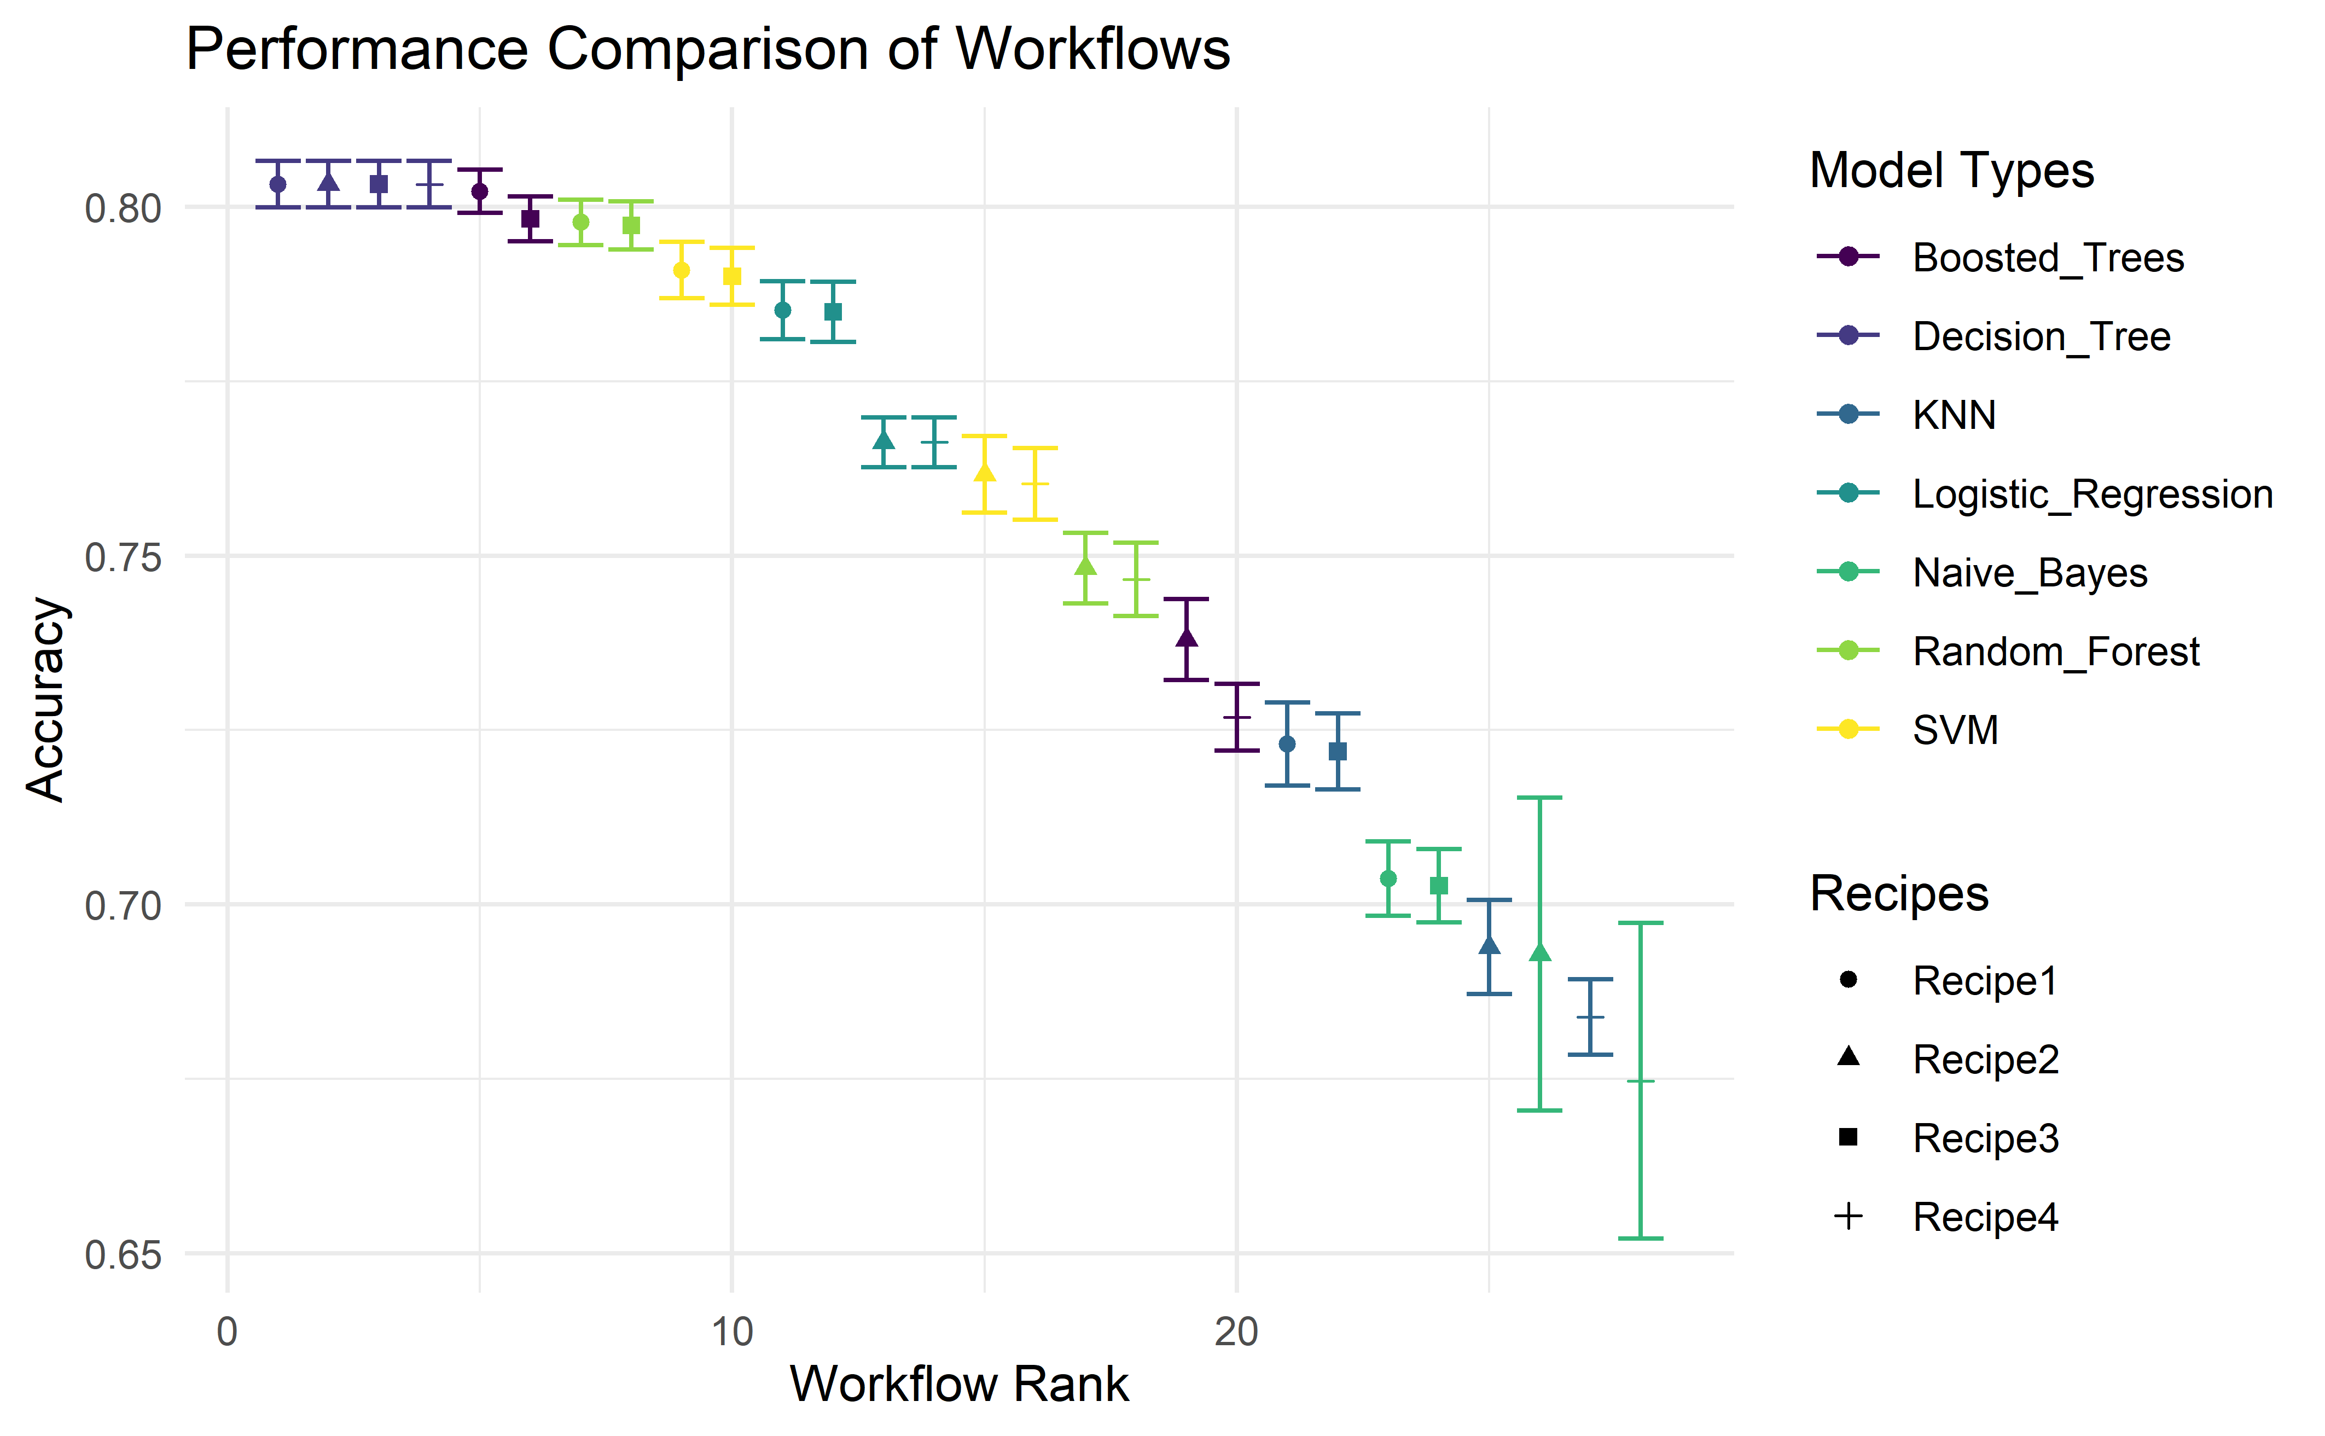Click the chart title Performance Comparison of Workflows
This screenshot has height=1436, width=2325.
(707, 49)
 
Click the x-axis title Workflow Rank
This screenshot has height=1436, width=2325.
(959, 1384)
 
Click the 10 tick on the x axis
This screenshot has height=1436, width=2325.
(733, 1333)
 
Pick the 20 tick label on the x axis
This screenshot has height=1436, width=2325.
(1236, 1333)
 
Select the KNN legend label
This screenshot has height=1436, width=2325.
(1955, 415)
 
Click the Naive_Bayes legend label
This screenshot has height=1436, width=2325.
(2030, 573)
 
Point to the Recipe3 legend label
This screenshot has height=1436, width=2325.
(1985, 1138)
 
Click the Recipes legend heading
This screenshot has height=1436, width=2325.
(1898, 894)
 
